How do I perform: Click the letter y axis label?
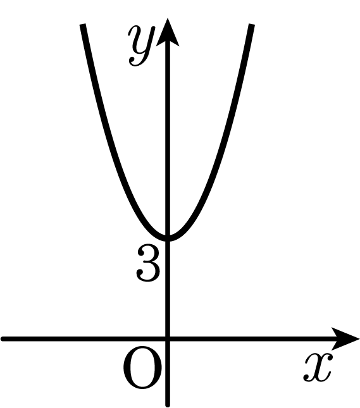[x=141, y=46]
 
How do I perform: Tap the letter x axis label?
[x=318, y=367]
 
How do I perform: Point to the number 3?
[x=147, y=263]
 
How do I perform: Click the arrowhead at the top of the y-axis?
[x=168, y=32]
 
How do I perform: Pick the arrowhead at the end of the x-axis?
[x=345, y=339]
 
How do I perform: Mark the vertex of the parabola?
[x=168, y=238]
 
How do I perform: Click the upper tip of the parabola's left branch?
[x=83, y=24]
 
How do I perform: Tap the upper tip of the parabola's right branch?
[x=252, y=24]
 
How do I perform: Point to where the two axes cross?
[x=168, y=339]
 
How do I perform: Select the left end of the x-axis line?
[x=2, y=339]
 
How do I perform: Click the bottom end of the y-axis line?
[x=168, y=405]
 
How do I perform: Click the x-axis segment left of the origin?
[x=84, y=339]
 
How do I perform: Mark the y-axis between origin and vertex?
[x=168, y=289]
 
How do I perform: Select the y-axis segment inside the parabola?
[x=168, y=140]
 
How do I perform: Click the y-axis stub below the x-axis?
[x=168, y=373]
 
